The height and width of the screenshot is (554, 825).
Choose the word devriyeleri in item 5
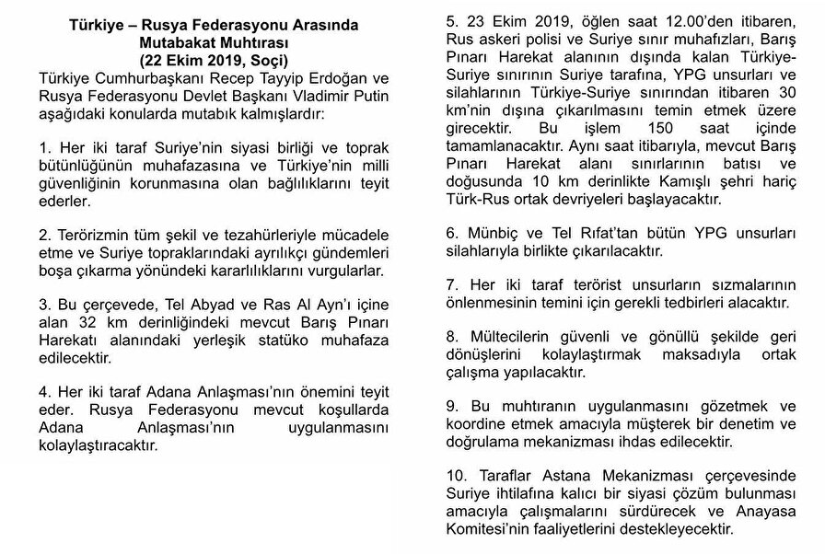pyautogui.click(x=593, y=198)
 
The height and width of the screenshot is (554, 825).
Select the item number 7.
pyautogui.click(x=451, y=285)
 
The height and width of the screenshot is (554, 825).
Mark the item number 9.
pyautogui.click(x=451, y=407)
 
